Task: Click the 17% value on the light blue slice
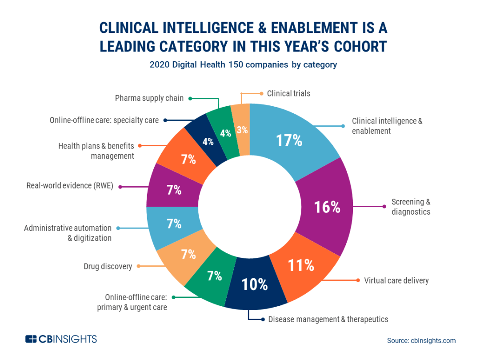(x=289, y=140)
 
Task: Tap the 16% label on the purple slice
(x=327, y=207)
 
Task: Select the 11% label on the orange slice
(x=301, y=265)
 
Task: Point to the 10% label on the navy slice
(x=255, y=284)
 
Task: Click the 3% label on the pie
(x=242, y=130)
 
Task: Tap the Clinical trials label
(x=288, y=93)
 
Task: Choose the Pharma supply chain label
(x=149, y=98)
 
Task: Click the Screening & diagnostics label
(x=411, y=207)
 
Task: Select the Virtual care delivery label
(x=396, y=280)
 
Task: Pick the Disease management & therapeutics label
(x=328, y=319)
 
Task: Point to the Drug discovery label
(x=108, y=266)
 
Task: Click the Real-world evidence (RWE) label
(x=69, y=186)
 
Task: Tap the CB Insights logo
(x=61, y=339)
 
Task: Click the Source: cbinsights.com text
(x=421, y=340)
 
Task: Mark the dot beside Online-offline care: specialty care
(x=165, y=120)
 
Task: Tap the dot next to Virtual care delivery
(x=358, y=280)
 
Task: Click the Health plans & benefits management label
(x=96, y=151)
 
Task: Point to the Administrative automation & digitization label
(x=68, y=233)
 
